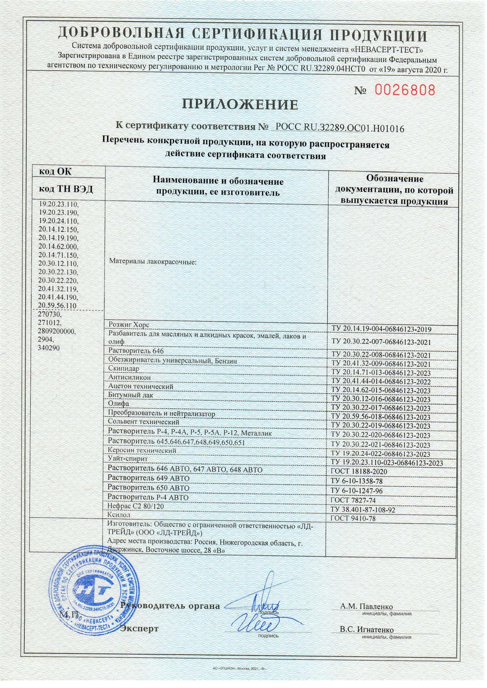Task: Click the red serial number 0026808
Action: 405,91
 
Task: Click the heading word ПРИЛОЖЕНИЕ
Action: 240,104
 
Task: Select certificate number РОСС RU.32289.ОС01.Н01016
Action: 340,127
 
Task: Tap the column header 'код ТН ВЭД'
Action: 66,189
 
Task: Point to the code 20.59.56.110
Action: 57,306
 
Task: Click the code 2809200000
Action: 57,331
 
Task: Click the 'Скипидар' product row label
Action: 123,369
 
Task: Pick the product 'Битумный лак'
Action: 130,395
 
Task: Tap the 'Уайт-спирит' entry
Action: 128,459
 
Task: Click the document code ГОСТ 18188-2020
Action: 359,471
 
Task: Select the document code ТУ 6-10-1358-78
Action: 357,481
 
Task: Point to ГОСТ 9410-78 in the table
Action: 353,519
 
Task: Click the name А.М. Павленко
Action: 366,607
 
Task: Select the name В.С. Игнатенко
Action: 367,630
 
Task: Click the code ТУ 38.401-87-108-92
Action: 363,510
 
